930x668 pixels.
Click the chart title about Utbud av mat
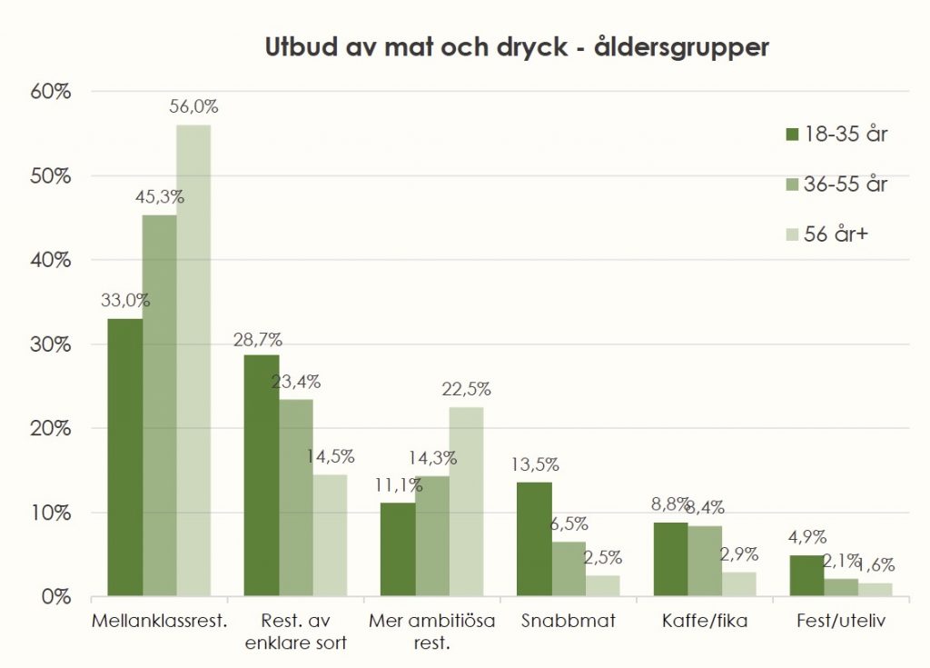(516, 47)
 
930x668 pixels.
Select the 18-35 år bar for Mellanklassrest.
(125, 457)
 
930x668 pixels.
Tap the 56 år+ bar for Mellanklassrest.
(193, 361)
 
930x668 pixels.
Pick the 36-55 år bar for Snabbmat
(569, 569)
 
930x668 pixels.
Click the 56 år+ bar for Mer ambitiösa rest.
(466, 502)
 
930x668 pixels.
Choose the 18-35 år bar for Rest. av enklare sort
(262, 475)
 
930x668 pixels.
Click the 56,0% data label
(193, 106)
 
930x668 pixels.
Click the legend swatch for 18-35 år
(790, 135)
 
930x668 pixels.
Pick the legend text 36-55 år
(846, 184)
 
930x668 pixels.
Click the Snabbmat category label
(569, 623)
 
